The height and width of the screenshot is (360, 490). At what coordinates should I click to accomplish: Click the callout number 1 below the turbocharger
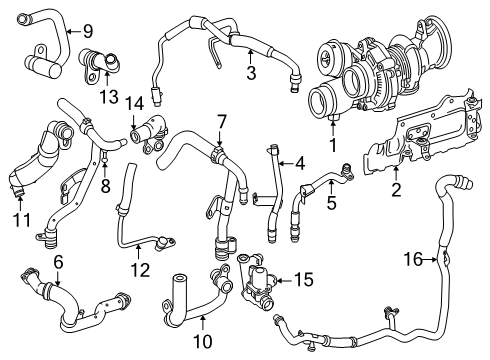tap(333, 145)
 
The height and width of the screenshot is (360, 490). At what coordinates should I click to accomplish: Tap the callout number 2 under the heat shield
tap(396, 190)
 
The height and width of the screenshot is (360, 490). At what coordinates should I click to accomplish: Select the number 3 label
tap(251, 73)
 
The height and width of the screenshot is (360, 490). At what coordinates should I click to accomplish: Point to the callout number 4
tap(300, 163)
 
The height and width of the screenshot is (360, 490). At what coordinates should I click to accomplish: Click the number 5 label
tap(331, 203)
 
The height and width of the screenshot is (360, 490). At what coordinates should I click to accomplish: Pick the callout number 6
tap(58, 262)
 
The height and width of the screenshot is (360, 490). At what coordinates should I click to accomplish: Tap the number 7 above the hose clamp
tap(221, 122)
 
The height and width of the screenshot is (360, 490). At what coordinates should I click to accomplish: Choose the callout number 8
tap(105, 187)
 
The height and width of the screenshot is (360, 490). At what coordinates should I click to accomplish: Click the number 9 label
tap(88, 32)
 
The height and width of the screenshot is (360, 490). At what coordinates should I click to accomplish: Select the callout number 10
tap(202, 341)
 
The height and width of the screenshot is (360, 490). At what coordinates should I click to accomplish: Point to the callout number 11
tap(22, 220)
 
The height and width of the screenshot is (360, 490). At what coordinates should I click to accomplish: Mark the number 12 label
tap(140, 270)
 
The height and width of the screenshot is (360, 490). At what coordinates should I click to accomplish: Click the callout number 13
tap(109, 97)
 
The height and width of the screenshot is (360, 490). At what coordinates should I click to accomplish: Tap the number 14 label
tap(134, 103)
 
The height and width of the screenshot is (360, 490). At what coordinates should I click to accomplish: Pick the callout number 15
tap(304, 280)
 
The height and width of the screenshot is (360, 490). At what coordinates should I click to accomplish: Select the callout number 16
tap(413, 259)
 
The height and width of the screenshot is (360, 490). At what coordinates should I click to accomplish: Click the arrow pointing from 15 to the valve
tap(284, 281)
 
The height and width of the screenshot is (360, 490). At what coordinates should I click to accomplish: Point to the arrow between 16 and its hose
tap(430, 259)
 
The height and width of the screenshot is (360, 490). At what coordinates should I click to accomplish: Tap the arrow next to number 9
tap(74, 32)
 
